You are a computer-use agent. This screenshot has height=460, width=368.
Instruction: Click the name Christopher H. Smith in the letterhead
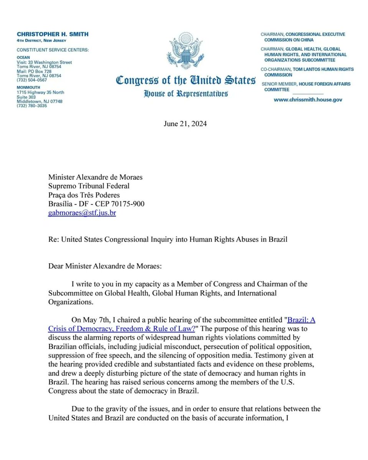tap(52, 34)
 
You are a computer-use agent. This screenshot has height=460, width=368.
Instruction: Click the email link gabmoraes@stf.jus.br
tap(82, 213)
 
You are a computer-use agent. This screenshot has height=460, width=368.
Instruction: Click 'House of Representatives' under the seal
tap(186, 93)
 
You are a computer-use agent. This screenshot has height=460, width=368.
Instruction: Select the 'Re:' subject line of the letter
tap(168, 240)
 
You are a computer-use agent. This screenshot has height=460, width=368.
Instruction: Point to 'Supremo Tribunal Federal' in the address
tap(89, 186)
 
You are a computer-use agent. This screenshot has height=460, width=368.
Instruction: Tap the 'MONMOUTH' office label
tap(28, 88)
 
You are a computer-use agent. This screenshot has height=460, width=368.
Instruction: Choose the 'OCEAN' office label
tap(23, 58)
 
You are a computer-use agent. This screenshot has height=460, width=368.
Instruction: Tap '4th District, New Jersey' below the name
tap(41, 41)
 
